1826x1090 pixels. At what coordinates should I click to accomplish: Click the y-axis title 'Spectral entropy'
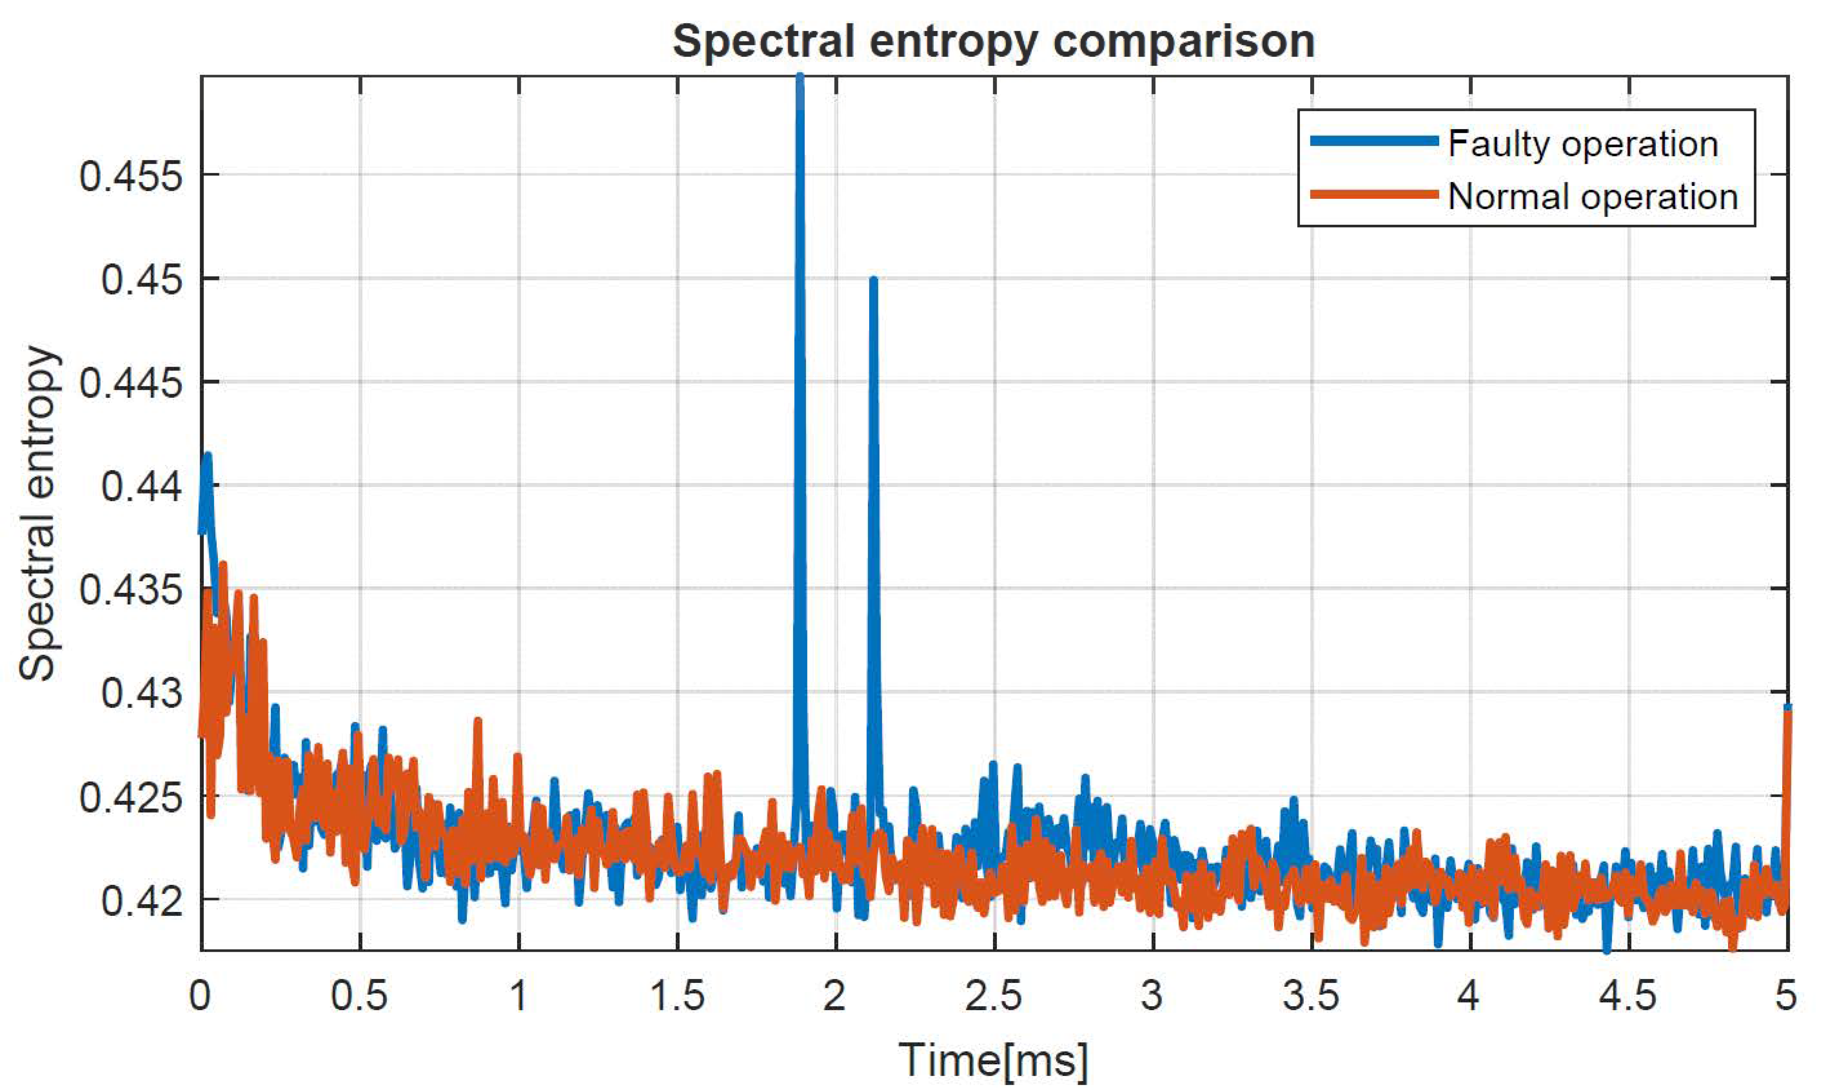(38, 514)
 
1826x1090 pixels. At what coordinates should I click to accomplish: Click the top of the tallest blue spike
(800, 77)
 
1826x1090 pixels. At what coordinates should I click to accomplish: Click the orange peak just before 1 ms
(478, 721)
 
